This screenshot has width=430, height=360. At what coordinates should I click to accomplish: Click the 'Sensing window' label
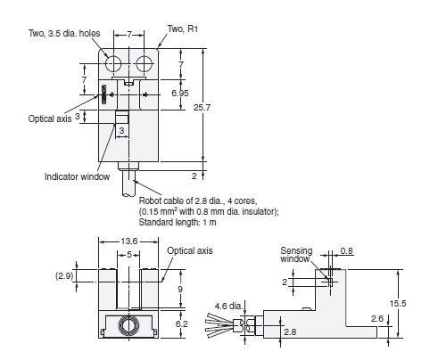296,256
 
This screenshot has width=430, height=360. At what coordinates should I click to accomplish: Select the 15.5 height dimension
401,302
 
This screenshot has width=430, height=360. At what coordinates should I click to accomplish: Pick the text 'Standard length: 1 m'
178,222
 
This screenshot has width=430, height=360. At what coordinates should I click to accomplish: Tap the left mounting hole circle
115,65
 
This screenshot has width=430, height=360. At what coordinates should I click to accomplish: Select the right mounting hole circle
144,65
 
